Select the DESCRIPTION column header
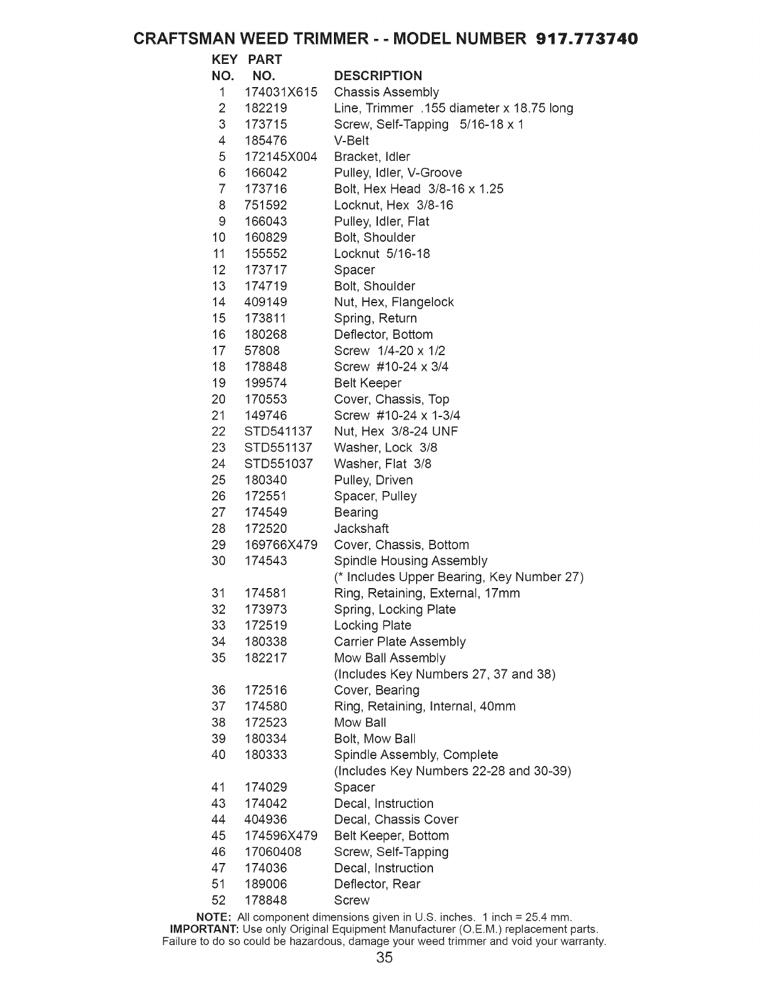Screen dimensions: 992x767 [378, 76]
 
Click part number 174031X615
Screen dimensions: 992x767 [281, 92]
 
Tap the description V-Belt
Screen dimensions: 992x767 [352, 140]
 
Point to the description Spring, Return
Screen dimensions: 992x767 [375, 318]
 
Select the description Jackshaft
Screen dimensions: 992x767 [362, 529]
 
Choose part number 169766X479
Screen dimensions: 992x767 [281, 545]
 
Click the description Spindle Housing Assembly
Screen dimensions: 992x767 [410, 561]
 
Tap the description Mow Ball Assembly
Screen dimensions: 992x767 [390, 658]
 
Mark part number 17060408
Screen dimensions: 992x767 [273, 852]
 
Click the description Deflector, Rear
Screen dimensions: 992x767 [377, 884]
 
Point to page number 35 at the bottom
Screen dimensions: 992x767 [385, 958]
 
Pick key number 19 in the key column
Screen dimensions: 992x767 [218, 383]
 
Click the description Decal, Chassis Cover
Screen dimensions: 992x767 [396, 819]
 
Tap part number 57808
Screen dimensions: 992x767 [262, 351]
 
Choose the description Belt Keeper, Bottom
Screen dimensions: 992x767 [392, 835]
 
